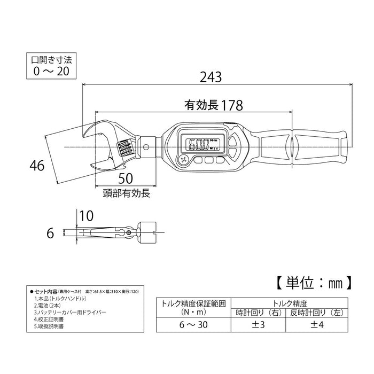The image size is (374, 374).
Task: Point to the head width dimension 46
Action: click(x=37, y=166)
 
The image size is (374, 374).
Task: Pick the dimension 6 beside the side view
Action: click(x=51, y=233)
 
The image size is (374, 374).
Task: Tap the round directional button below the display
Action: click(x=185, y=160)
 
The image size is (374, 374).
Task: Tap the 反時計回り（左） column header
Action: click(x=320, y=312)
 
